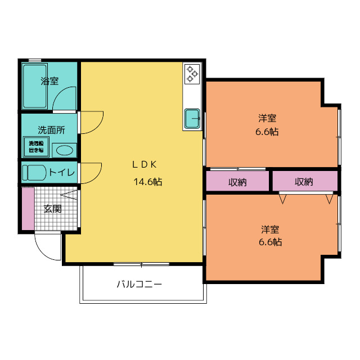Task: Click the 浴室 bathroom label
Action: (x=49, y=81)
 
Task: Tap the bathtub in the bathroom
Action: (x=35, y=86)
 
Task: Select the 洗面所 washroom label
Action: (x=51, y=130)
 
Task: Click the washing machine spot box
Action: (x=36, y=147)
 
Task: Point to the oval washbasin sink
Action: (x=65, y=151)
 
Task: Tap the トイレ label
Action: (x=62, y=172)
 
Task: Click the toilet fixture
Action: (x=34, y=173)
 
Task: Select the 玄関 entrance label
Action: (x=53, y=209)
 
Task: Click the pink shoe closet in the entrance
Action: (x=28, y=209)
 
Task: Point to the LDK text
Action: (x=145, y=164)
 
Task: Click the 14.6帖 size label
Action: (x=148, y=182)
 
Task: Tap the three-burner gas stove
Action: (x=192, y=74)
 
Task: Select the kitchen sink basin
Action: (x=192, y=119)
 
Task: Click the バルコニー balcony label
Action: (x=139, y=284)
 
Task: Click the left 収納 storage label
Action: (x=237, y=182)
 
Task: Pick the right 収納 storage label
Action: (x=304, y=182)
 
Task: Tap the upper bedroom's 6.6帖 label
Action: (x=267, y=132)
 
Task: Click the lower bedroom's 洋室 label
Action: (x=270, y=229)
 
